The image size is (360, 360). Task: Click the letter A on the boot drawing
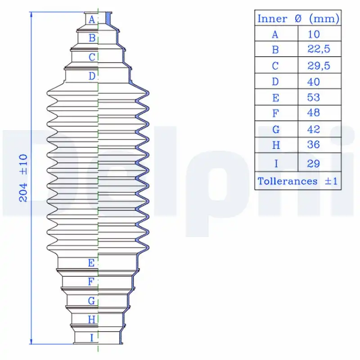click(92, 20)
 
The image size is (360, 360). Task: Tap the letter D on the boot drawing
click(92, 76)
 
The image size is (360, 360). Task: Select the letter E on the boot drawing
click(91, 263)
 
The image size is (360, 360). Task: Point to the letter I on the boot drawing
click(92, 338)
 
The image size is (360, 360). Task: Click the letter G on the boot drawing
click(92, 301)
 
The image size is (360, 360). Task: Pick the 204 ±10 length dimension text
click(23, 178)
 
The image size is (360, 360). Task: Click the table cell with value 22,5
click(319, 49)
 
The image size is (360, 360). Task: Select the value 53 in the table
click(314, 97)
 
